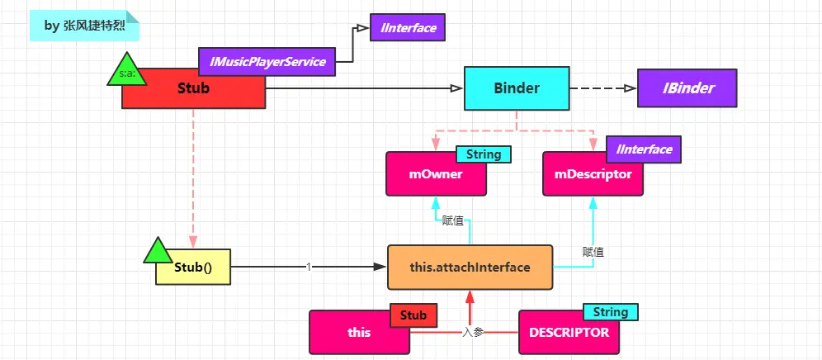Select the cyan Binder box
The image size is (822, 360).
pos(516,88)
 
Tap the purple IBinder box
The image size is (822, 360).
pos(687,88)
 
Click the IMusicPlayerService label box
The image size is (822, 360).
pos(267,61)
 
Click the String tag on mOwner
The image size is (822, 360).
pos(484,154)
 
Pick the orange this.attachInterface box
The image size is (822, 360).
pos(470,268)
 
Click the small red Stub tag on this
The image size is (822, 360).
pos(413,315)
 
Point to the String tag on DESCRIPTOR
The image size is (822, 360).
pos(612,312)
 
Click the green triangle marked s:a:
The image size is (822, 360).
pos(127,73)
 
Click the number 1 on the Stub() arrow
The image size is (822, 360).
pos(308,267)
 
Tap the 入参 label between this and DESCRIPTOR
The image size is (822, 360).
pos(473,332)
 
